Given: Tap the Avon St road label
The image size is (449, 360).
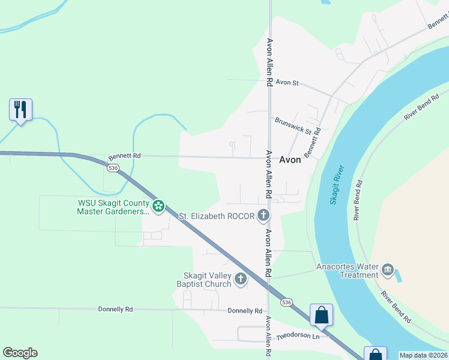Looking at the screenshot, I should [287, 83].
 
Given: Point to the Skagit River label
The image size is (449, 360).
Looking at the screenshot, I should [337, 185].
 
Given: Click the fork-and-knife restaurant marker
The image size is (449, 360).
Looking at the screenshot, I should [20, 110].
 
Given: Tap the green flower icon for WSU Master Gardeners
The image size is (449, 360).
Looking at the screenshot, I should [158, 207].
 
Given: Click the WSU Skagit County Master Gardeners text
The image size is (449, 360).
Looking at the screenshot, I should [113, 207].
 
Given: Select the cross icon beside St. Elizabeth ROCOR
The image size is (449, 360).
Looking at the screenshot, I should [263, 215].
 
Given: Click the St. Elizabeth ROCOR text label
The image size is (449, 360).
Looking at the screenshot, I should [217, 216].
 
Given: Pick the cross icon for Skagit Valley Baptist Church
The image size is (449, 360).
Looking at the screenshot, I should [240, 278].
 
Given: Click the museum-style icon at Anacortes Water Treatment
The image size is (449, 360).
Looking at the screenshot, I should [388, 271].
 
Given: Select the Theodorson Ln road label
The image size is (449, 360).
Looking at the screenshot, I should [298, 337].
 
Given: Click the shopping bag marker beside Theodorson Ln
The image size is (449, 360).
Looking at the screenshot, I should [321, 315].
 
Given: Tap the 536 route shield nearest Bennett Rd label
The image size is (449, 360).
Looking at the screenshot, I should [113, 168].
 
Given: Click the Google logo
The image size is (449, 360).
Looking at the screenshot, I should [20, 353].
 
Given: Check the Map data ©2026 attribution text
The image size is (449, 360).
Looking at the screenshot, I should [423, 355].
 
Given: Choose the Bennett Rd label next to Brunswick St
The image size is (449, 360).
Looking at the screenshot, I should [313, 143].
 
